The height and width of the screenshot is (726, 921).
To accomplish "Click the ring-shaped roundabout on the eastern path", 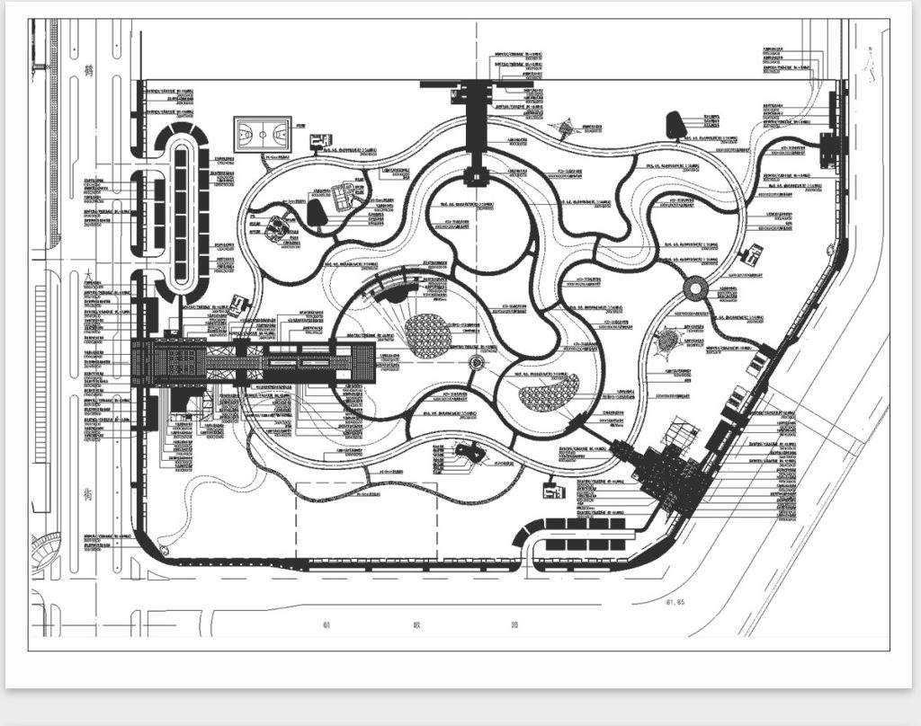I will (x=694, y=288).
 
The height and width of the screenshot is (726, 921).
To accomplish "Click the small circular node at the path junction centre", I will (x=477, y=363).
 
